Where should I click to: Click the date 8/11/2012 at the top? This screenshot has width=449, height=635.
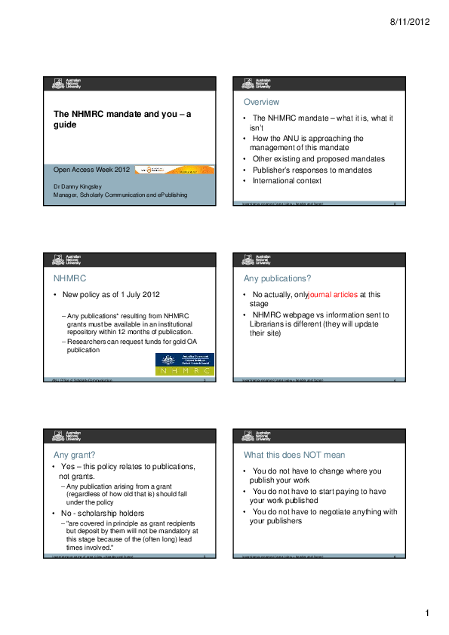click(411, 23)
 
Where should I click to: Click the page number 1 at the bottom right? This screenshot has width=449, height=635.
click(426, 614)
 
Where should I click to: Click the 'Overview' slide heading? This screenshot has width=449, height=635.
click(261, 102)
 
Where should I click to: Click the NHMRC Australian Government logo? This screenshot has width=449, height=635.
click(184, 364)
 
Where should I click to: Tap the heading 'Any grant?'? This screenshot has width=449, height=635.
click(74, 455)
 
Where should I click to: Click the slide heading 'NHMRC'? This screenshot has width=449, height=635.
click(68, 278)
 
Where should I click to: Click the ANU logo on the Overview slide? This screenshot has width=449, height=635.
click(257, 84)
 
